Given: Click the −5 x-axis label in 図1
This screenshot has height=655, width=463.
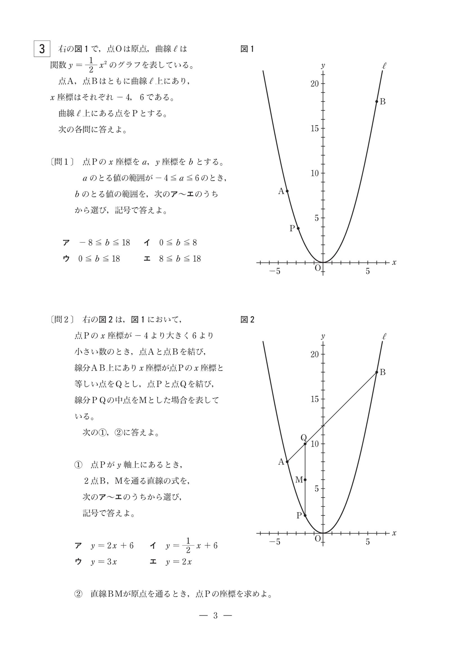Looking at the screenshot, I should pos(275,271).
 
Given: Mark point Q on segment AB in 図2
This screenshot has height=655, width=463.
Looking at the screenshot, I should pos(305,444).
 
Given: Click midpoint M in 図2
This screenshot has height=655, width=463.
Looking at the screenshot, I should pos(305,480).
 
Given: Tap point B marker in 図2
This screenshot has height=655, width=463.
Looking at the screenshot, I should pos(377,372).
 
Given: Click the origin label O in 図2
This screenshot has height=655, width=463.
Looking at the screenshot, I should pos(317,539).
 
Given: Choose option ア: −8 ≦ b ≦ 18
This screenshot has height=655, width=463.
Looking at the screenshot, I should pos(96,243).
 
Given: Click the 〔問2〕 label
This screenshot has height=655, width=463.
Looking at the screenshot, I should pos(62,319).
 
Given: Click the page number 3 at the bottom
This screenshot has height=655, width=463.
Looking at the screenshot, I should pos(216,616).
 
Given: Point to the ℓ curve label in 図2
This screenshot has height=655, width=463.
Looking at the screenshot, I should pos(384,337).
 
